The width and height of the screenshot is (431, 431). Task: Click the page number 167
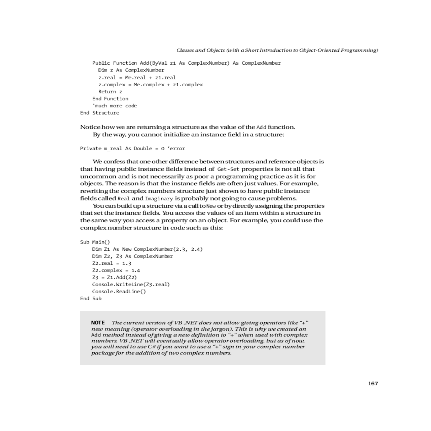pyautogui.click(x=373, y=384)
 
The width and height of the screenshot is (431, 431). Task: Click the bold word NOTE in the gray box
pyautogui.click(x=98, y=323)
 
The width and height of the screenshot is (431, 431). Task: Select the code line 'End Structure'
pyautogui.click(x=99, y=113)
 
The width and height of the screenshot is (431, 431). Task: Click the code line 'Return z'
pyautogui.click(x=110, y=92)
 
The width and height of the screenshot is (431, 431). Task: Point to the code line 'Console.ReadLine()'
pyautogui.click(x=119, y=291)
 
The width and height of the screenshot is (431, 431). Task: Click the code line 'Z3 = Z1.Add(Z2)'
pyautogui.click(x=114, y=277)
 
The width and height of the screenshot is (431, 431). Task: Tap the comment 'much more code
pyautogui.click(x=115, y=106)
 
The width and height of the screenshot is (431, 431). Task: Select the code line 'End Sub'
pyautogui.click(x=91, y=298)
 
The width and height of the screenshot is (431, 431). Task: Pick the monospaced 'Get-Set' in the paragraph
pyautogui.click(x=228, y=169)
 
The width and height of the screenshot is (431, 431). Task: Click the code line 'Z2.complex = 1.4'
pyautogui.click(x=116, y=270)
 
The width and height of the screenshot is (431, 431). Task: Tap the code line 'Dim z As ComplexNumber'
pyautogui.click(x=131, y=70)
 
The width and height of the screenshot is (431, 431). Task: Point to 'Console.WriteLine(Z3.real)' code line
pyautogui.click(x=131, y=284)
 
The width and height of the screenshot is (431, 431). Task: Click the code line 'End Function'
pyautogui.click(x=110, y=99)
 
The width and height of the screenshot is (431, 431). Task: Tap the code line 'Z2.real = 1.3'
pyautogui.click(x=112, y=263)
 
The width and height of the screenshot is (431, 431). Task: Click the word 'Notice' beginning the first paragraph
pyautogui.click(x=90, y=127)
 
